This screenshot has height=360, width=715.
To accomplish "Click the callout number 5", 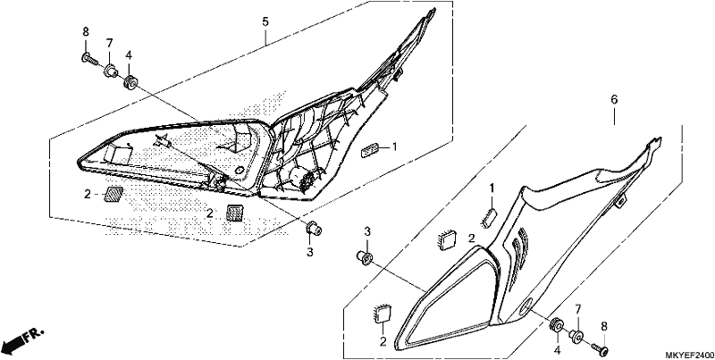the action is (x=265, y=21).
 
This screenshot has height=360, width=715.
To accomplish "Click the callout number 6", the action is (x=614, y=100).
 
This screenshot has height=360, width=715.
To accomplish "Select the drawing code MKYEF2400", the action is (x=689, y=355).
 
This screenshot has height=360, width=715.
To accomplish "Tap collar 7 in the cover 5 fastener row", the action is (x=110, y=71).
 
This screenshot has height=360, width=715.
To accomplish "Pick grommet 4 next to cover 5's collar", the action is (x=130, y=83).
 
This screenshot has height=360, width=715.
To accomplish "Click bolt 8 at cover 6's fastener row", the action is (x=599, y=348).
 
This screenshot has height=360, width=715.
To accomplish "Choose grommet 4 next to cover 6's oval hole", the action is (x=556, y=324).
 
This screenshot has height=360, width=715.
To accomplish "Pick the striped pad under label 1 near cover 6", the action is (x=488, y=216).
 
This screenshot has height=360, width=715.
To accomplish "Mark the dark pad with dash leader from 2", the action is (x=114, y=194).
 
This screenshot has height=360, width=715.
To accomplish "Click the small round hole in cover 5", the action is (x=238, y=170).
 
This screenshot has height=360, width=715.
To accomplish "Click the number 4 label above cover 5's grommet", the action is (x=129, y=55).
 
